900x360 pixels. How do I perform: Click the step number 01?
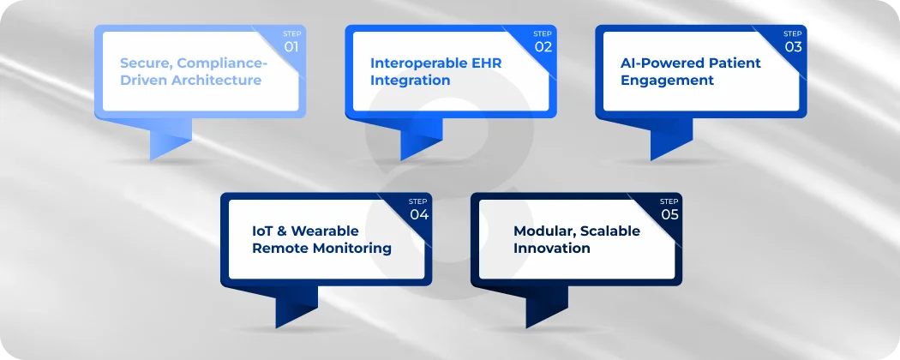pos(291,46)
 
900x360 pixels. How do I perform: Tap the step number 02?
pos(543,46)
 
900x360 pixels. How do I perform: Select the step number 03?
pos(793,46)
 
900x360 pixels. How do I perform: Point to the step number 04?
pos(418,214)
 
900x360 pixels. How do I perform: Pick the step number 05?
pos(669,214)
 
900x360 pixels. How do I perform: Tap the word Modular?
pos(543,231)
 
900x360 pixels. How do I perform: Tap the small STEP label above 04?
pos(418,201)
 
